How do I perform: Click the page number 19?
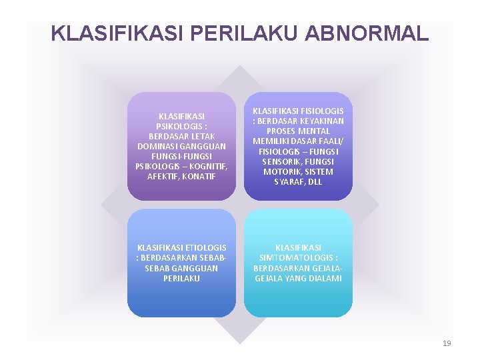(447, 343)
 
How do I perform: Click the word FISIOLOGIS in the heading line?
(323, 111)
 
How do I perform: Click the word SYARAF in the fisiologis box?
(284, 181)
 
